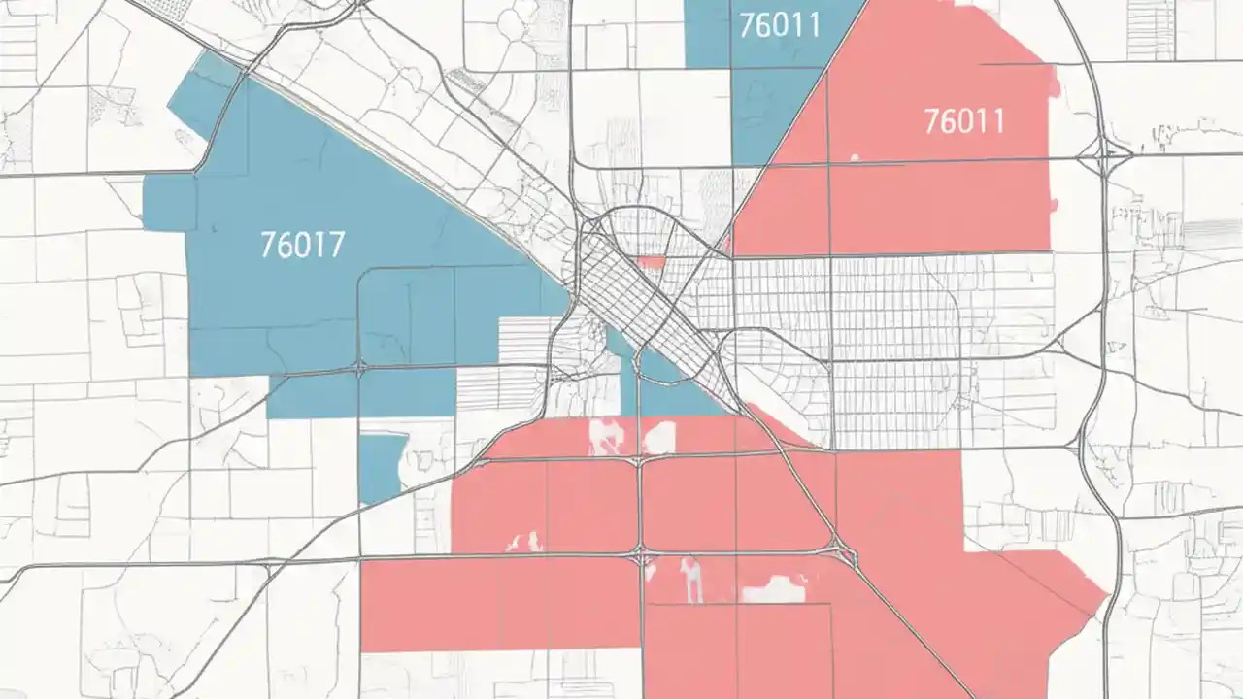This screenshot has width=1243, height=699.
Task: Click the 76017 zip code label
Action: click(x=302, y=244)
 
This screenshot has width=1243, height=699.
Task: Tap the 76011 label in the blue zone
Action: click(x=779, y=25)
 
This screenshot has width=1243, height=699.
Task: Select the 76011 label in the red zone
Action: click(x=964, y=121)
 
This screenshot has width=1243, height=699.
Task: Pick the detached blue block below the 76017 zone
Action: click(x=382, y=468)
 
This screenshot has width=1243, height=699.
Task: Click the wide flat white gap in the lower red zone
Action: click(x=774, y=588)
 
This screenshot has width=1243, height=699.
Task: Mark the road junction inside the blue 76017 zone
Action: click(x=359, y=368)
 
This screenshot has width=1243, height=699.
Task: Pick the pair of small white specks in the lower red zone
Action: click(x=524, y=541)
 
